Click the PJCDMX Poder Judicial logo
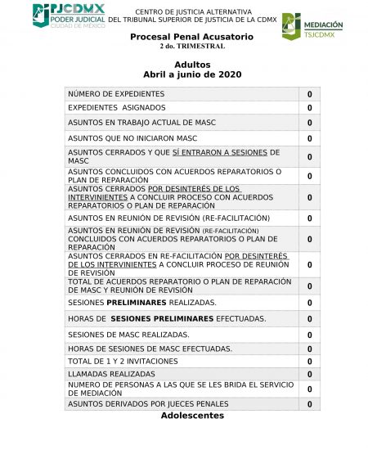click(x=70, y=16)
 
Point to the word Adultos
click(x=192, y=65)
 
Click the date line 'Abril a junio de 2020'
click(x=192, y=74)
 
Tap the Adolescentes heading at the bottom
click(x=192, y=416)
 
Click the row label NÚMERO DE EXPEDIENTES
click(x=116, y=94)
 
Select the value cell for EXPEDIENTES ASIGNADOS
click(x=309, y=109)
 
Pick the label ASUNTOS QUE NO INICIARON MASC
click(x=132, y=138)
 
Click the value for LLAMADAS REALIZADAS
click(x=309, y=375)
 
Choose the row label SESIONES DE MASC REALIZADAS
click(x=128, y=335)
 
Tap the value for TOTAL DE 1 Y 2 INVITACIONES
click(x=309, y=362)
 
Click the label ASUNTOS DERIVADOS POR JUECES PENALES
click(x=148, y=404)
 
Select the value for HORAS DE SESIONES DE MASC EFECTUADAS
click(x=309, y=349)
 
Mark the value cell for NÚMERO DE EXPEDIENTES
click(x=309, y=95)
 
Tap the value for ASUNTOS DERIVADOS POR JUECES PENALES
click(x=309, y=404)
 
